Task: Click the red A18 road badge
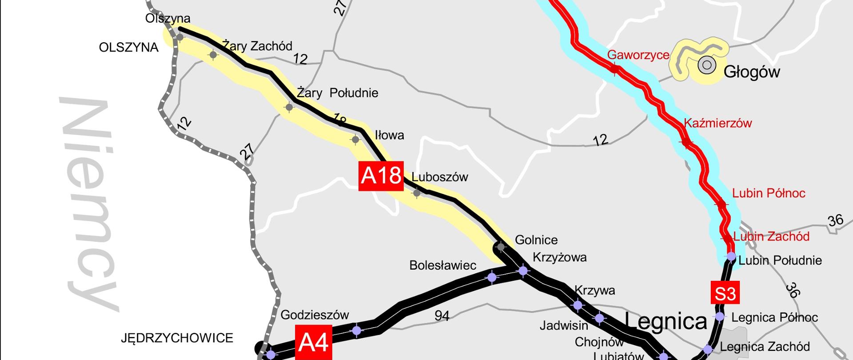[x=381, y=176]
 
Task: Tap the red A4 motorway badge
[x=314, y=343]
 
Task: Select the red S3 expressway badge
[x=725, y=293]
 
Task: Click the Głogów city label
[x=752, y=72]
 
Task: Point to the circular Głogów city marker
[x=706, y=65]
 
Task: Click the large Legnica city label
[x=666, y=321]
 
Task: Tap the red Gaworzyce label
[x=638, y=55]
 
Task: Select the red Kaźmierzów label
[x=717, y=123]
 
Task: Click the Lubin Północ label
[x=769, y=193]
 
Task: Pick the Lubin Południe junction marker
[x=731, y=257]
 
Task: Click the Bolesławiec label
[x=442, y=265]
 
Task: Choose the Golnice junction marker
[x=501, y=247]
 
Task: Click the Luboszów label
[x=439, y=177]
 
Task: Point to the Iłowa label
[x=389, y=135]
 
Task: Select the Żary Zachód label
[x=258, y=46]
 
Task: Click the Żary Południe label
[x=337, y=93]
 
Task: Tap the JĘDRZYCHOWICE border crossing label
[x=177, y=338]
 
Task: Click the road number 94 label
[x=442, y=316]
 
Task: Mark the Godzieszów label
[x=315, y=315]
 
